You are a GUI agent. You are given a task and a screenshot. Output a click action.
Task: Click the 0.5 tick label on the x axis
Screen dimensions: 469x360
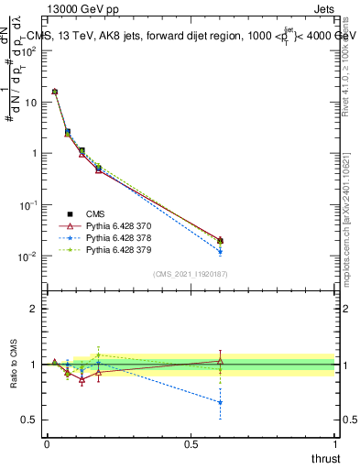click(191, 443)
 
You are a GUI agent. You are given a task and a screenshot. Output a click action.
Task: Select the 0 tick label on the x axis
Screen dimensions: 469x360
click(47, 443)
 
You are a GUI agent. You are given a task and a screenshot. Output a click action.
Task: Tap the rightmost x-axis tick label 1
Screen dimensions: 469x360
click(335, 443)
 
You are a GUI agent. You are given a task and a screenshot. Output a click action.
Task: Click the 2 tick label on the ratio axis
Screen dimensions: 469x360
click(33, 309)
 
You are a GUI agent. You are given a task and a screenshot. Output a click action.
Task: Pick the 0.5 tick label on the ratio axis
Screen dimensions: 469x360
click(29, 420)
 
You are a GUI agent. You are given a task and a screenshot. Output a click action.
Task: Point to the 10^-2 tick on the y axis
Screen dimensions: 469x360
click(27, 256)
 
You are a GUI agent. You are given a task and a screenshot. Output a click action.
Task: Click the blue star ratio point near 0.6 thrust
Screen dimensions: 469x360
click(220, 402)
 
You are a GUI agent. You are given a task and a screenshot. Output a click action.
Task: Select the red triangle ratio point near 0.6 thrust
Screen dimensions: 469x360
click(220, 361)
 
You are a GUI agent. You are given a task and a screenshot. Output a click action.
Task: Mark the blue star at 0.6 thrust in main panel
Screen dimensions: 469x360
click(220, 251)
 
